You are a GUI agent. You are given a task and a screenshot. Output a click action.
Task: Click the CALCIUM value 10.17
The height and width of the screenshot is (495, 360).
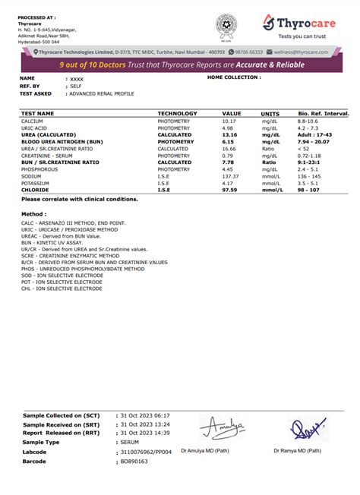click(x=229, y=121)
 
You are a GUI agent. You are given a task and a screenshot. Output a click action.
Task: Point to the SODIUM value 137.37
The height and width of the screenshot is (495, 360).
click(x=231, y=175)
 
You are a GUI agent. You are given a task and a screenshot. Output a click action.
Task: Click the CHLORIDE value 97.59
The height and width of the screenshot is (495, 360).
click(x=230, y=189)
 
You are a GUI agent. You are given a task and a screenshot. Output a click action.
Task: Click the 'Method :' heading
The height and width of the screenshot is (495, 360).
click(x=33, y=216)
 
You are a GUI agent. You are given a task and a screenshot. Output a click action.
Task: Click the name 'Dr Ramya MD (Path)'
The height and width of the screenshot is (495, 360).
click(x=298, y=450)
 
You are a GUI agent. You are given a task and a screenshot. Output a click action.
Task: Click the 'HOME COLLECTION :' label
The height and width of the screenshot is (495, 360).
click(x=234, y=77)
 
